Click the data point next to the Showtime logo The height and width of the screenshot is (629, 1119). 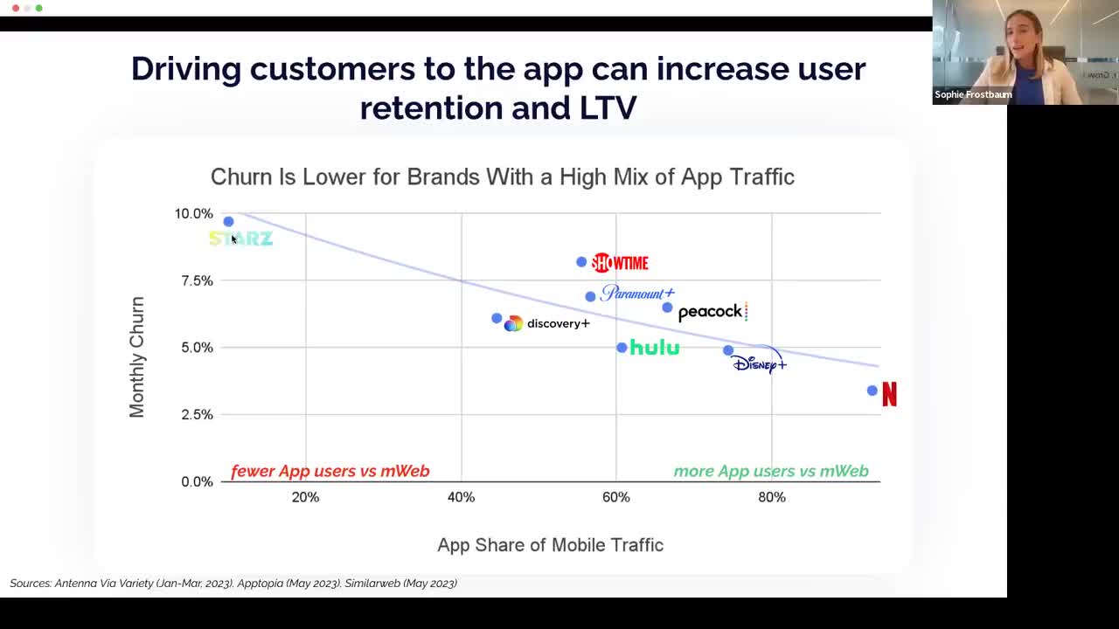point(581,262)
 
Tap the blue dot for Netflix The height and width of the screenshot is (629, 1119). point(872,391)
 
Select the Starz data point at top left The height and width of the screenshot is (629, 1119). point(229,222)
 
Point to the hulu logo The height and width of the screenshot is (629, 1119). point(655,348)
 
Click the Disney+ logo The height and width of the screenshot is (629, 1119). point(759,362)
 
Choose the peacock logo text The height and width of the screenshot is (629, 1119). point(711,312)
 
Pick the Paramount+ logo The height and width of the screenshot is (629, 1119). point(638,294)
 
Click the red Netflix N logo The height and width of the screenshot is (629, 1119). point(889,395)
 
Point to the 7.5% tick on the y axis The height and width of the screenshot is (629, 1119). point(197,280)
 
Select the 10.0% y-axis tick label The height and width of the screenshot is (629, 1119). point(194,213)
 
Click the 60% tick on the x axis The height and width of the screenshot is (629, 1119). point(616,497)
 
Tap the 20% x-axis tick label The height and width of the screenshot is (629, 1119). point(305,497)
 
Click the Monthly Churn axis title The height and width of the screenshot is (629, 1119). point(137,356)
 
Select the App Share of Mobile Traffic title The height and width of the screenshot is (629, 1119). point(550,545)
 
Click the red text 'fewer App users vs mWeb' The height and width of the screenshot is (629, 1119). point(330,471)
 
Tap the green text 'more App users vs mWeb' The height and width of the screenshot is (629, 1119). point(771,471)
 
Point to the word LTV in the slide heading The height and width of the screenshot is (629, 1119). point(608,107)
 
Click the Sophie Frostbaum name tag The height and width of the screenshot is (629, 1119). point(973,94)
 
